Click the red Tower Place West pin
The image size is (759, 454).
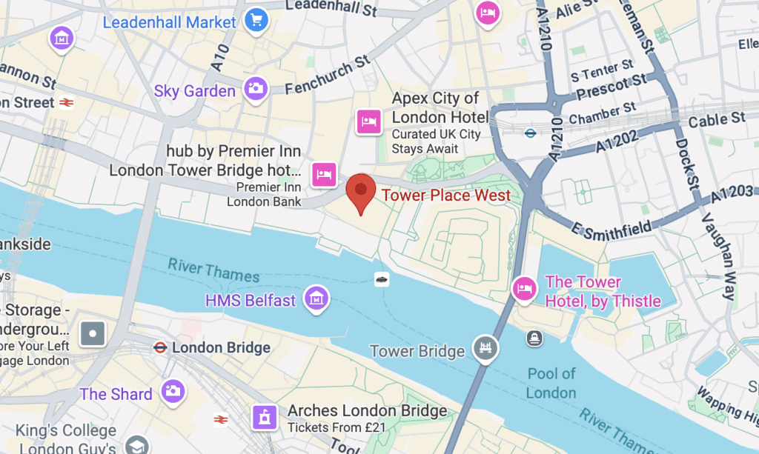point(360,190)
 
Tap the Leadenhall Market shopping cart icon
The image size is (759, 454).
point(257,19)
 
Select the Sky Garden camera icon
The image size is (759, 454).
point(256,88)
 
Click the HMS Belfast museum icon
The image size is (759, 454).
point(317,298)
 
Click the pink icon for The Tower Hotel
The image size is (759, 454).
point(524,288)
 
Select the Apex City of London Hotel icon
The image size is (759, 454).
point(368,121)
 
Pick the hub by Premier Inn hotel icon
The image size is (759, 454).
point(323,174)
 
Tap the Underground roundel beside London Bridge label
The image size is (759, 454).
point(159,347)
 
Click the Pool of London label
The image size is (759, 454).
point(551,382)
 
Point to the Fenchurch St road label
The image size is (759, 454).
point(328,76)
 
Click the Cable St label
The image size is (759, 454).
point(717,119)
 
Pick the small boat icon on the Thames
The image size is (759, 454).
point(382,279)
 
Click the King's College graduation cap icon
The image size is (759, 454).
point(137,444)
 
